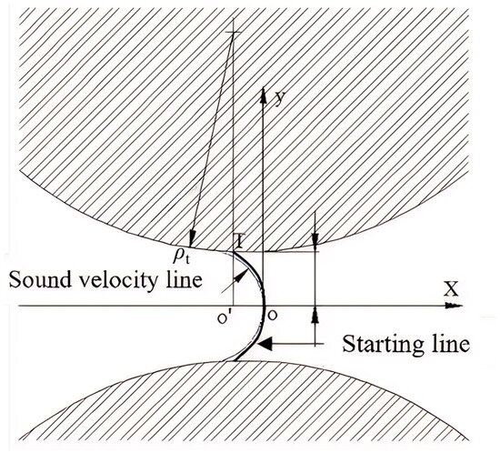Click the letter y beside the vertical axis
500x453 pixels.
(279, 98)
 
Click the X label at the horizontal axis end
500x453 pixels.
(451, 288)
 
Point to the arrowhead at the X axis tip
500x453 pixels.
(455, 306)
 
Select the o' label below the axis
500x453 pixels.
(224, 317)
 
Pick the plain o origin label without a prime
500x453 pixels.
(273, 316)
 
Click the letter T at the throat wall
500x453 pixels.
(240, 241)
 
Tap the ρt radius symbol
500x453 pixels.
(181, 256)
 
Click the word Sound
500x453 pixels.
(40, 279)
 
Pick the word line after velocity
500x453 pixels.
(185, 279)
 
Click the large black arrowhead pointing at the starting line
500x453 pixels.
(265, 344)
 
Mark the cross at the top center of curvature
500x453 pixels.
(234, 33)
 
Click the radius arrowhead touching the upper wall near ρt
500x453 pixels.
(192, 239)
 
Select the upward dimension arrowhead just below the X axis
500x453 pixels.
(315, 315)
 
